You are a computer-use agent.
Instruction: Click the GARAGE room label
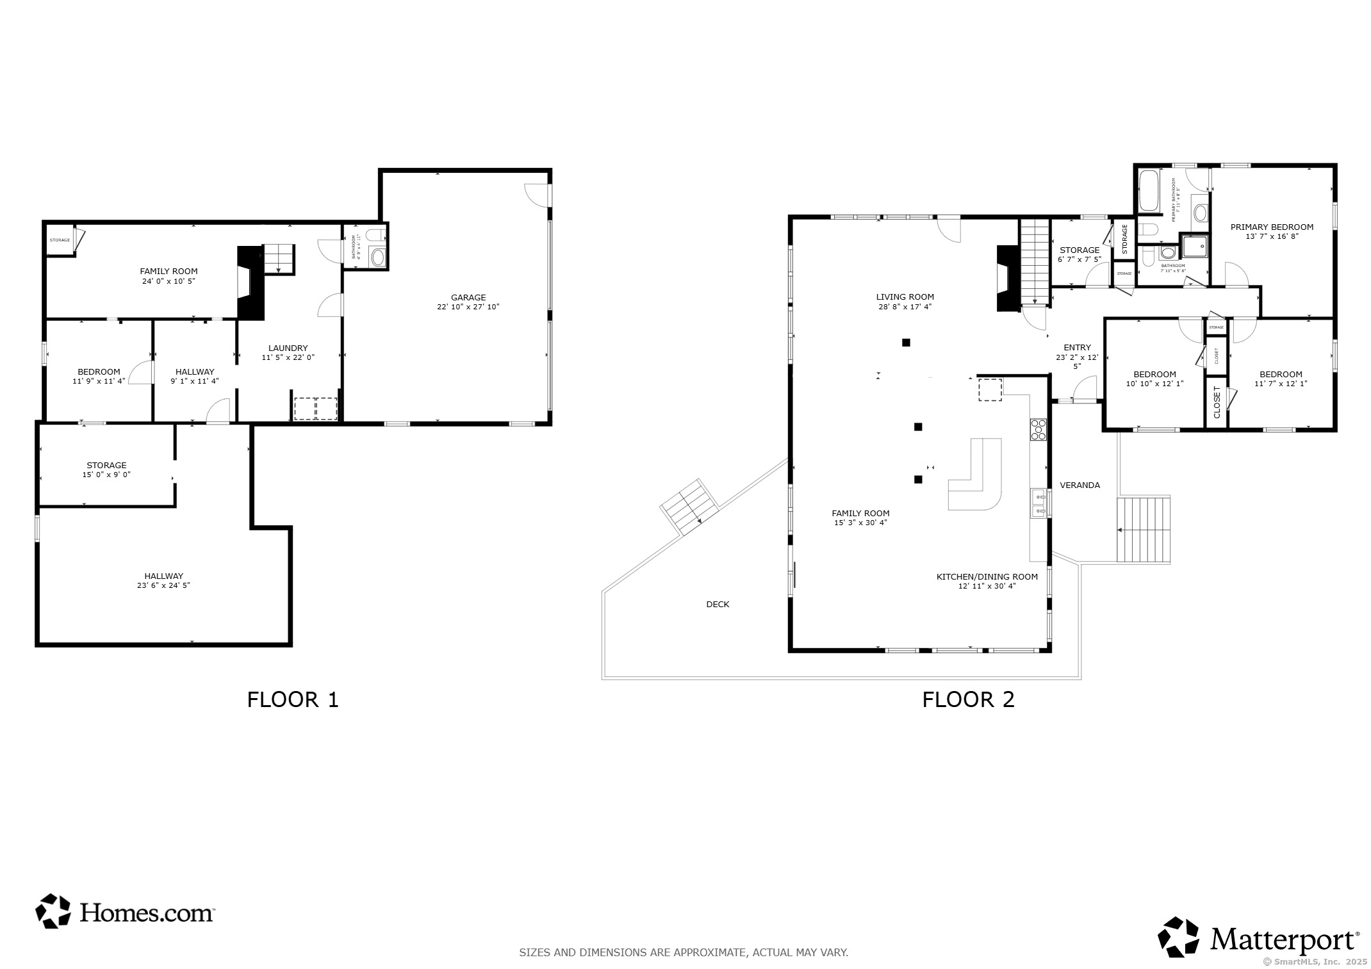point(468,297)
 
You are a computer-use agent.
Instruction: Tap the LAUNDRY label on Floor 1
point(288,348)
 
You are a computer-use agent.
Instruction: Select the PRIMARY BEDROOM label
point(1271,227)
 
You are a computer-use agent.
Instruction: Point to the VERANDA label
point(1080,485)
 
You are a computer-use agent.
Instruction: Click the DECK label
point(718,604)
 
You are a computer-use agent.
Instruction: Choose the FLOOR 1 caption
point(292,699)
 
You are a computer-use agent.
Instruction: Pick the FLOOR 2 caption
point(968,699)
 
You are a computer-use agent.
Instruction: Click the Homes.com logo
point(125,911)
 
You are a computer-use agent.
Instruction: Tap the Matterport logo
point(1259,939)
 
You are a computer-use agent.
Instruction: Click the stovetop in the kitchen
point(1038,429)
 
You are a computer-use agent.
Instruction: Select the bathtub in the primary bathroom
point(1149,191)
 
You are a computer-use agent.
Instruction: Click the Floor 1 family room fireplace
point(250,282)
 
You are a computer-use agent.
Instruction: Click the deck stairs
point(689,507)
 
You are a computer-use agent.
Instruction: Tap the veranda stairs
point(1144,530)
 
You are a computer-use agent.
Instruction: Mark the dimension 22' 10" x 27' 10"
point(468,307)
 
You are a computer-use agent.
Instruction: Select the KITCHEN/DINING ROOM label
point(987,576)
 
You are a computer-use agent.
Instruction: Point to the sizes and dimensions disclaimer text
point(683,952)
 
